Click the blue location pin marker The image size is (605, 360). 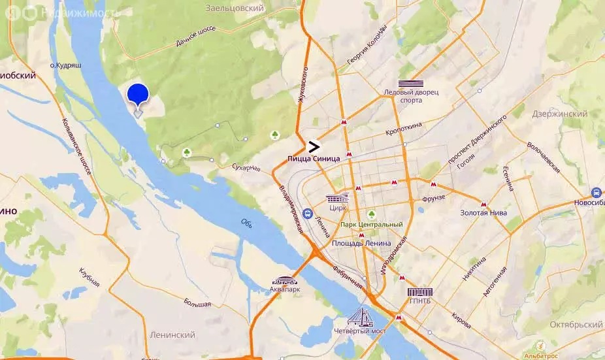point(138,95)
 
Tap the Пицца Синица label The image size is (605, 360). point(314,159)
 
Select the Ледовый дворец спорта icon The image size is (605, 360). point(411,84)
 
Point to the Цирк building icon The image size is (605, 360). point(338,198)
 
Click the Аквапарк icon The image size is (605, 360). point(284,280)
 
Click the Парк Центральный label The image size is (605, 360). point(371,224)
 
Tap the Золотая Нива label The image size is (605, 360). point(483,213)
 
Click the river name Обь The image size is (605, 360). point(246,223)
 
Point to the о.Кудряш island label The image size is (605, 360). point(65,65)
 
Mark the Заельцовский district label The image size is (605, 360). point(234,8)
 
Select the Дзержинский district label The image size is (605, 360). point(560,114)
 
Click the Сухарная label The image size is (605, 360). point(246,167)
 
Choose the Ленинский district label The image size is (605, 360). point(172,335)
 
